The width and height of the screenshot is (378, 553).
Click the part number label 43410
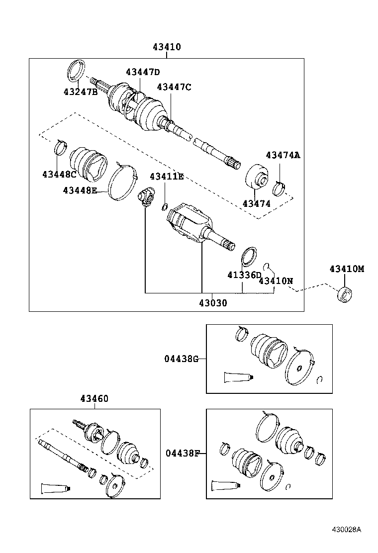click(167, 47)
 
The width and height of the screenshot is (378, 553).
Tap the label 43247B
click(80, 92)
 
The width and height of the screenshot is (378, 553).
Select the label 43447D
click(143, 72)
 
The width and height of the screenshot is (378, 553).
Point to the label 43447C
click(174, 87)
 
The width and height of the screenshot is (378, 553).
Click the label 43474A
click(283, 155)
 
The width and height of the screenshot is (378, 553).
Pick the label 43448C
click(59, 174)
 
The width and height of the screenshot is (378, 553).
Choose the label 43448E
click(80, 190)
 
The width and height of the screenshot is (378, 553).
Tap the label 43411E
click(167, 177)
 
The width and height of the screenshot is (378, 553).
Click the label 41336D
click(244, 275)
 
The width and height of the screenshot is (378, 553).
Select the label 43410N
click(276, 281)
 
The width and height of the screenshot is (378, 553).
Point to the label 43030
click(213, 302)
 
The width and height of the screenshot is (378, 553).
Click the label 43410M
click(347, 269)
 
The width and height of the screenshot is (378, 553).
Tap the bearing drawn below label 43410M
click(344, 294)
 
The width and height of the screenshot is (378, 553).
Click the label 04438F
click(183, 453)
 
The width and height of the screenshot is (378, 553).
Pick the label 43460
click(94, 399)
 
